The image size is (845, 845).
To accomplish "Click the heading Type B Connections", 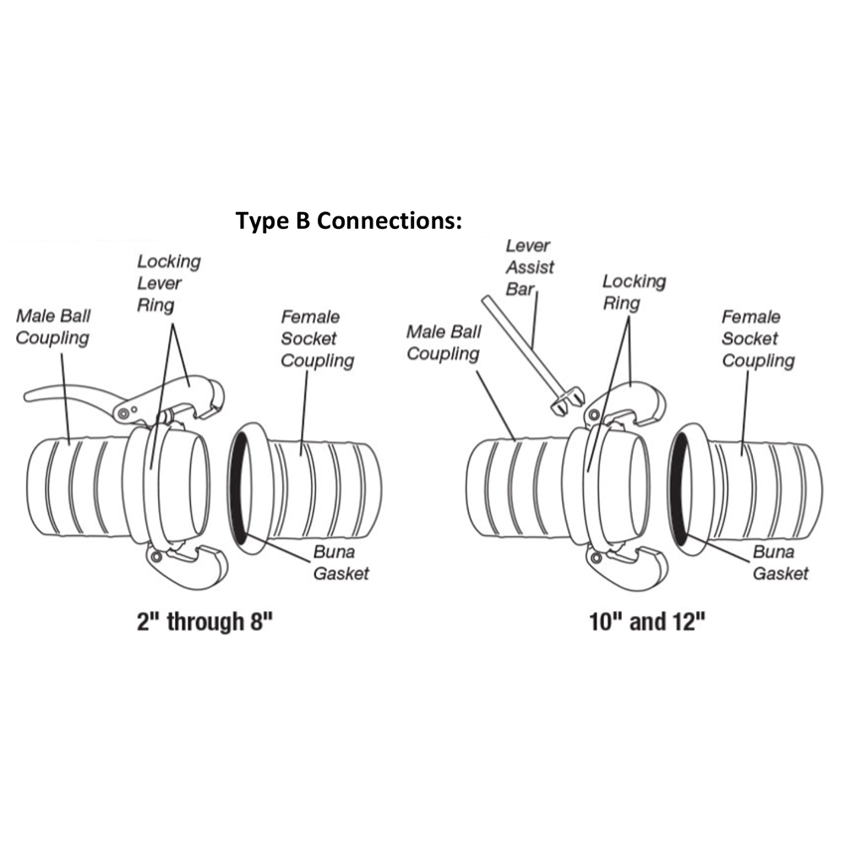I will [x=349, y=221].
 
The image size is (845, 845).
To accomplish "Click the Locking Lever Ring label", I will [x=168, y=282].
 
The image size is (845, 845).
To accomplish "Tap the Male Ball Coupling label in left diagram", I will [x=52, y=327].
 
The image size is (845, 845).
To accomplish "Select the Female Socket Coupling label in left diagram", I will [x=317, y=339].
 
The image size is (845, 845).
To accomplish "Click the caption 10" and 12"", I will [x=647, y=623].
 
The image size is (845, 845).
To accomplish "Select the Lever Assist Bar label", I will [x=529, y=267].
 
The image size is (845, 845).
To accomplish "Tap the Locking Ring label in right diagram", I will [x=634, y=292].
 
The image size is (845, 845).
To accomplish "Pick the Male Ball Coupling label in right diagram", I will [x=443, y=342].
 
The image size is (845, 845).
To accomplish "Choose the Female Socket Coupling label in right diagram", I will [x=757, y=339].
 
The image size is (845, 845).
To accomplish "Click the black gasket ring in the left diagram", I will [x=234, y=490].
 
